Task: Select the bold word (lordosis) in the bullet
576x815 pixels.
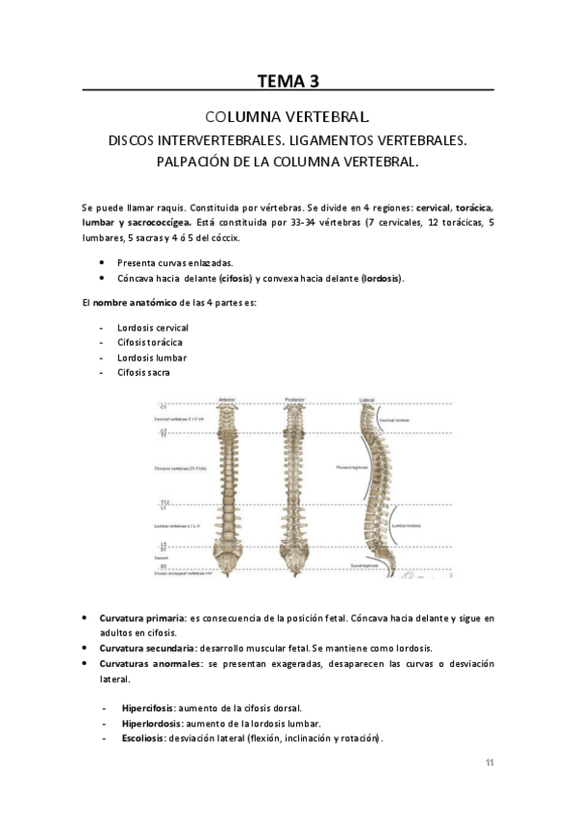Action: (382, 279)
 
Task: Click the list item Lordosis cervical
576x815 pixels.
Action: (152, 327)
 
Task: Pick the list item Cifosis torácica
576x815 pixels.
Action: (150, 342)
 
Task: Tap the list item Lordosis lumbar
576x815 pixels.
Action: (151, 358)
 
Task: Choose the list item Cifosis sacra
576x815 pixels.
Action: (144, 373)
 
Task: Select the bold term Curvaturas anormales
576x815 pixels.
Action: (150, 663)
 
